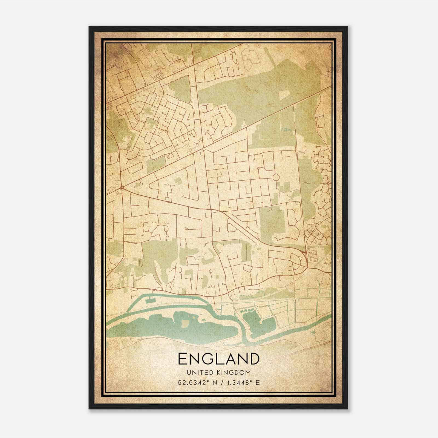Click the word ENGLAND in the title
click(x=218, y=359)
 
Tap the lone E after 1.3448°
click(x=257, y=382)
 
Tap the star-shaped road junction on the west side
click(x=122, y=188)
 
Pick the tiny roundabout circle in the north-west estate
click(x=166, y=131)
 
